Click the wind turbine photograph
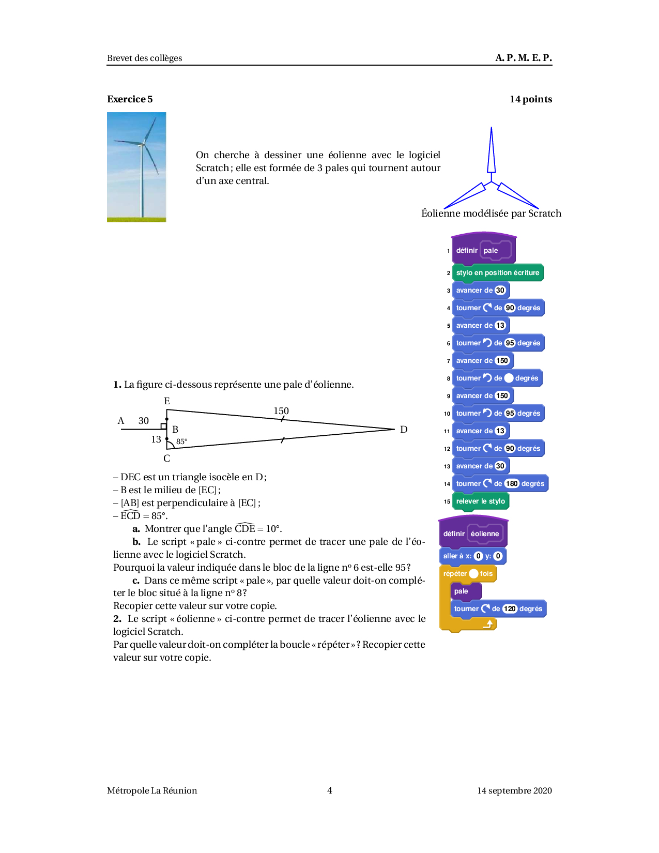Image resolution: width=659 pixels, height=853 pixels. (136, 167)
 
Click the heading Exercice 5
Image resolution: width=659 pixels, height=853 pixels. (130, 99)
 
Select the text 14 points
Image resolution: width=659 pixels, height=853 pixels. (530, 99)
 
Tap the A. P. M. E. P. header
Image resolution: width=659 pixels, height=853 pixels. (523, 58)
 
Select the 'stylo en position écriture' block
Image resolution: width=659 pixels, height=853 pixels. (497, 273)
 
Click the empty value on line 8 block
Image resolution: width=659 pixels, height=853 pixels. (509, 378)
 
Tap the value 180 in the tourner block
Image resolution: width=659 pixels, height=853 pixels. (512, 484)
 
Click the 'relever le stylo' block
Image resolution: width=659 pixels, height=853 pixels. (480, 501)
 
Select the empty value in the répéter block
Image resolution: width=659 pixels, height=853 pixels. (473, 574)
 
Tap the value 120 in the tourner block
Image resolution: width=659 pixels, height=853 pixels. (510, 609)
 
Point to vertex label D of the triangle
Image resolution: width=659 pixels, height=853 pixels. (404, 430)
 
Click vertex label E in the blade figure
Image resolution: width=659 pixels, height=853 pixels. (167, 401)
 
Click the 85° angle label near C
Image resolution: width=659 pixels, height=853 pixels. (182, 442)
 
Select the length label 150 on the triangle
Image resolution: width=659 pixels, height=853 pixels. (281, 411)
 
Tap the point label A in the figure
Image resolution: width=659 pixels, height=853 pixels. (121, 421)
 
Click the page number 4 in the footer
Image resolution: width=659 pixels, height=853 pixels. (330, 790)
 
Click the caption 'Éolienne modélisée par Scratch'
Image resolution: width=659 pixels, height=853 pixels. (491, 214)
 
